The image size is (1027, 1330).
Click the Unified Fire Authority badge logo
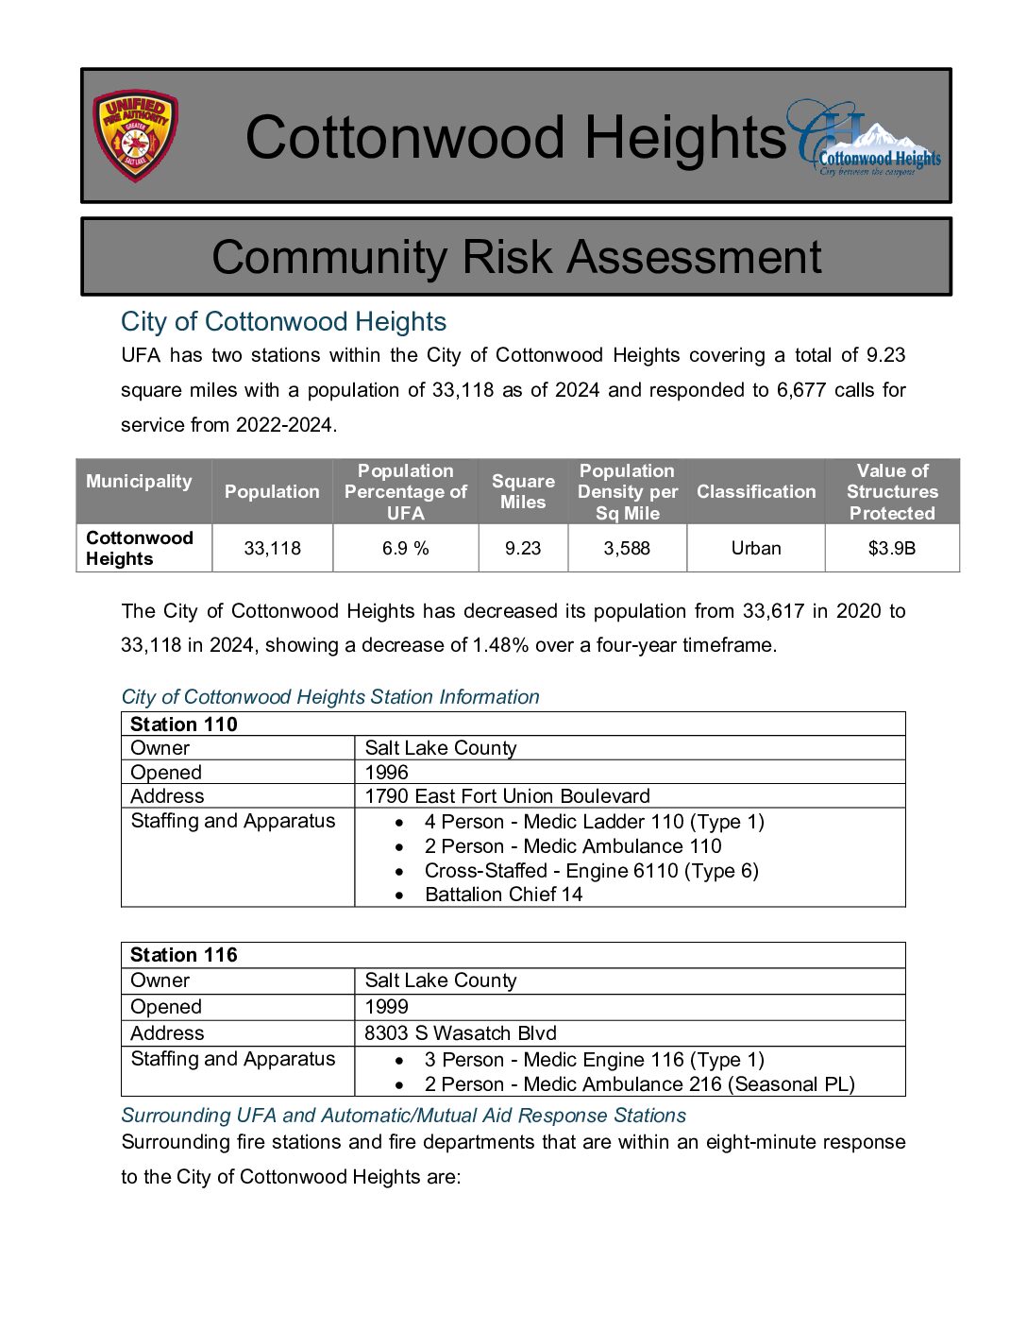point(135,136)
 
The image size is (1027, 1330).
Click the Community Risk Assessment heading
point(516,257)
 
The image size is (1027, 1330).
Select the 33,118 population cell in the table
point(272,548)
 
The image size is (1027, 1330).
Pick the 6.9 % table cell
point(405,548)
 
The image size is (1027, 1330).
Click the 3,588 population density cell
point(627,548)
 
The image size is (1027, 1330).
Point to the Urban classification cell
point(756,548)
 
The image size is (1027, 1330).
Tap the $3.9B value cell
point(892,548)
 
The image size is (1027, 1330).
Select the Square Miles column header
point(523,491)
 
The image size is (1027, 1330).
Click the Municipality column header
point(139,481)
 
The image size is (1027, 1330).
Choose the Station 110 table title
point(184,725)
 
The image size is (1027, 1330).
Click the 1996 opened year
point(387,773)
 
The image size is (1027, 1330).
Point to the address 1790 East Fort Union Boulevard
point(507,796)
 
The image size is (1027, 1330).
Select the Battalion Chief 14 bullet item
point(503,895)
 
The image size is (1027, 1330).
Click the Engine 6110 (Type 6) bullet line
point(591,871)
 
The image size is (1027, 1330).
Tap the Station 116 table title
point(184,955)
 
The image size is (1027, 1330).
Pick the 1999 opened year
point(387,1007)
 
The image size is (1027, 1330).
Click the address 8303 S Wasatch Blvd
point(461,1033)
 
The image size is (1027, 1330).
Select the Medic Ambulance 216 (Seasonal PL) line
point(639,1084)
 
